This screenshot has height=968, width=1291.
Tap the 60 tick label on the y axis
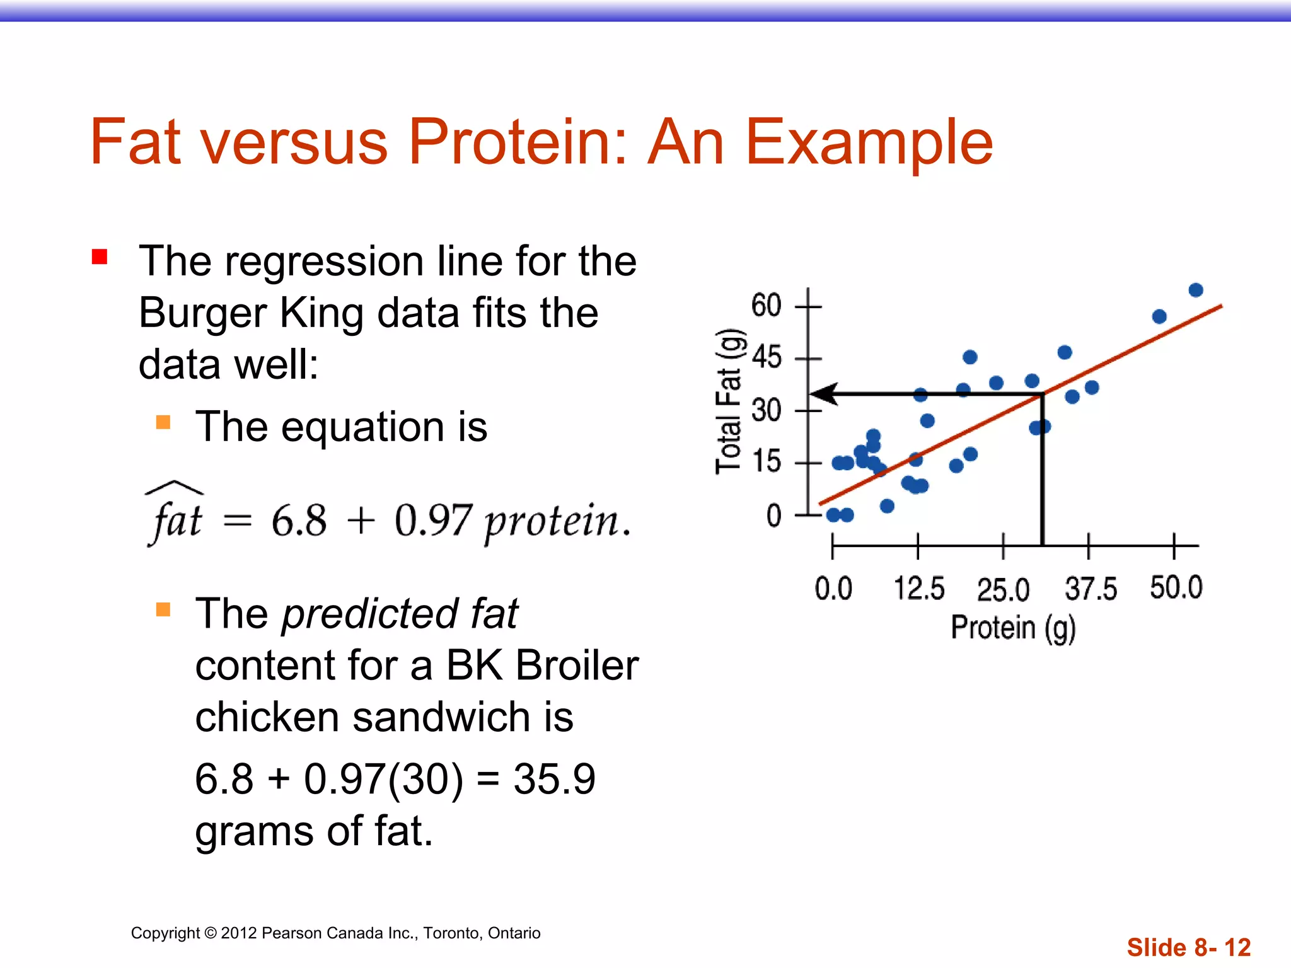coord(766,306)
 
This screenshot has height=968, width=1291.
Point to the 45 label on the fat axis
coord(766,358)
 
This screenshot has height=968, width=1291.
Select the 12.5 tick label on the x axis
coord(918,589)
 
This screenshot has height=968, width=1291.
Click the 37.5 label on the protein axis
coord(1090,589)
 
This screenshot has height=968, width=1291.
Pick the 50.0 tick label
coord(1176,587)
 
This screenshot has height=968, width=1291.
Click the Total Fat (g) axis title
coord(730,401)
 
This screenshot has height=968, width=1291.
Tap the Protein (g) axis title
coord(1012,628)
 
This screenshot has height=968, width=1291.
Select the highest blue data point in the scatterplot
coord(1195,290)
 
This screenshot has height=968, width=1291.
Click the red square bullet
coord(100,257)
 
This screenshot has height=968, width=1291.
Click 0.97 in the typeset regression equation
coord(432,521)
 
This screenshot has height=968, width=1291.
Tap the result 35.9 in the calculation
coord(554,779)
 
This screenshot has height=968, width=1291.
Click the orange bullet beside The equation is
coord(163,422)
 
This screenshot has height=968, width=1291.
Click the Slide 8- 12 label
coord(1188,947)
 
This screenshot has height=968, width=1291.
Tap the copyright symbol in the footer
coord(211,933)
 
